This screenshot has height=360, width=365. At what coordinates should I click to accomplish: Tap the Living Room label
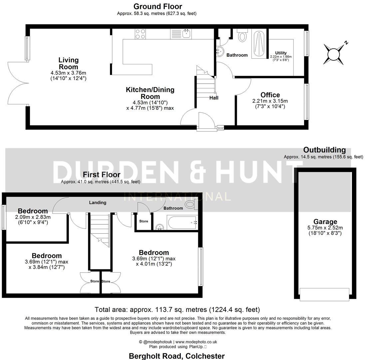coord(69,63)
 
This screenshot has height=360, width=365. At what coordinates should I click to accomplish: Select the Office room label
coord(270,95)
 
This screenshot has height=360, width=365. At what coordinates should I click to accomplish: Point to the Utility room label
coord(281,53)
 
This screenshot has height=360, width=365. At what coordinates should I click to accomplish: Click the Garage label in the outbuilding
coord(325,222)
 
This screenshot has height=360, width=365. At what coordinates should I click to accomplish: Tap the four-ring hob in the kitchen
coord(140,34)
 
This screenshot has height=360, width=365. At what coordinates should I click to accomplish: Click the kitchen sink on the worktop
coord(185,33)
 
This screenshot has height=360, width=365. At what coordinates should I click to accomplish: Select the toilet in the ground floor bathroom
coord(242,36)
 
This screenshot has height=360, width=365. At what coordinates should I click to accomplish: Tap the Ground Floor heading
coord(158,6)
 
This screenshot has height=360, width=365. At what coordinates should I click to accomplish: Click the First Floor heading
coord(102,175)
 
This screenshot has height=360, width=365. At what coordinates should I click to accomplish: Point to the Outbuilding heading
coord(324,150)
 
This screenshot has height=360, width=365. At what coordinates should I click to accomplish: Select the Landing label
coord(98,202)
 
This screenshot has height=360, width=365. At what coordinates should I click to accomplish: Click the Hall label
coord(214,98)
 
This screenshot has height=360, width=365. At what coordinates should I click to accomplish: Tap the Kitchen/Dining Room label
coord(150,93)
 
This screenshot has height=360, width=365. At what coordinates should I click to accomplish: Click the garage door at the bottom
coord(324,293)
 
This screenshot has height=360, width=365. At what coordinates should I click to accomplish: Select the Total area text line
coord(177,310)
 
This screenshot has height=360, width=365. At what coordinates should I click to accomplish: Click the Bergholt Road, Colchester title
coord(177,356)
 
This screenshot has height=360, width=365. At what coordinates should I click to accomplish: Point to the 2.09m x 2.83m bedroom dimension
coord(33,217)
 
